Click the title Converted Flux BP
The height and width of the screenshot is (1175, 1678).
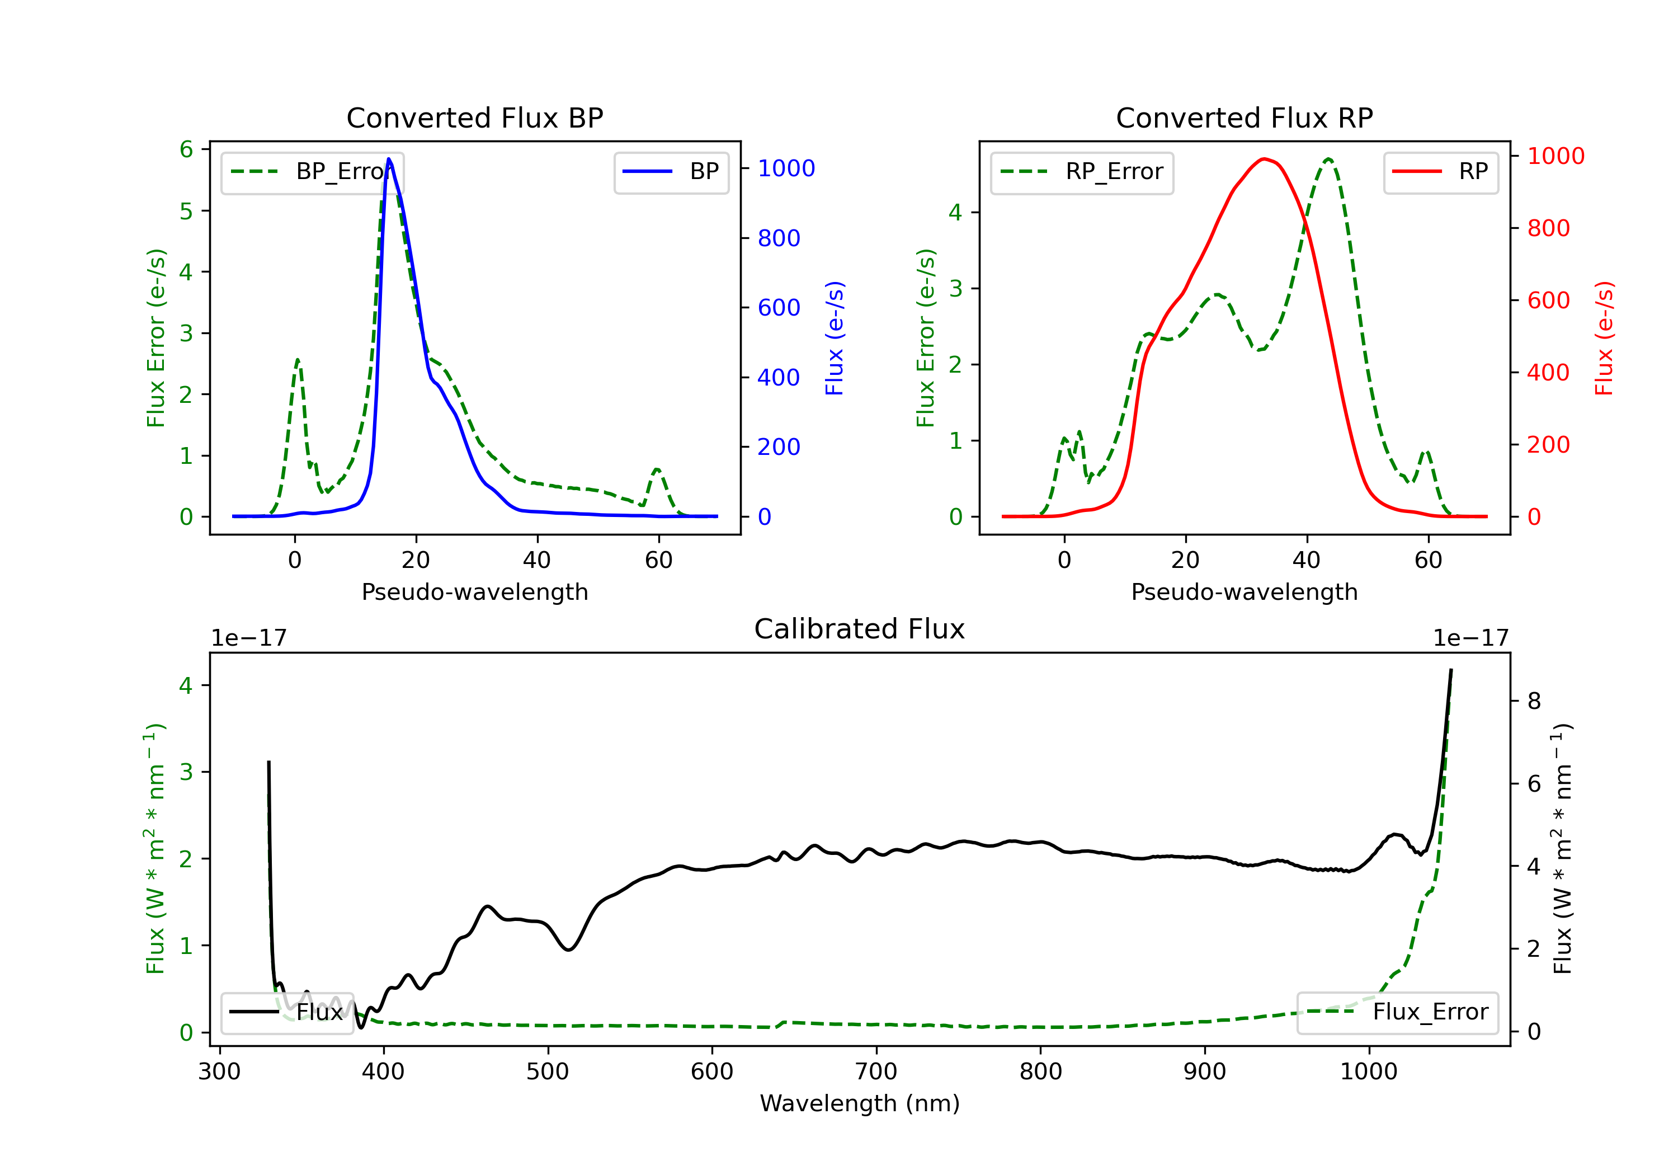pyautogui.click(x=474, y=117)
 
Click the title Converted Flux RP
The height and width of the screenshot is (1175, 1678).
pyautogui.click(x=1244, y=117)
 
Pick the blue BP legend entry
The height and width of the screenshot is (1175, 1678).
pyautogui.click(x=671, y=172)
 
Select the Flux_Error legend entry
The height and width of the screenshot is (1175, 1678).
pyautogui.click(x=1397, y=1012)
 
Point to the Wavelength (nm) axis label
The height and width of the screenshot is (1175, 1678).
pyautogui.click(x=860, y=1103)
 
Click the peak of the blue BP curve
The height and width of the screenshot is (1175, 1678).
pyautogui.click(x=389, y=159)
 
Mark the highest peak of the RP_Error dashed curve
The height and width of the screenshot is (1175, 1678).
pyautogui.click(x=1328, y=159)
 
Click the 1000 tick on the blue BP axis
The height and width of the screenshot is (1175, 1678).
pyautogui.click(x=786, y=168)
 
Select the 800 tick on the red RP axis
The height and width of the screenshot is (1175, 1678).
pyautogui.click(x=1548, y=228)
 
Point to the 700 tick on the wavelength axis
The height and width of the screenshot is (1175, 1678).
pyautogui.click(x=875, y=1071)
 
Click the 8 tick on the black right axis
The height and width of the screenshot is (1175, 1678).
pyautogui.click(x=1534, y=701)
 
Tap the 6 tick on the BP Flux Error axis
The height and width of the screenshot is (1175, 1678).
pyautogui.click(x=186, y=150)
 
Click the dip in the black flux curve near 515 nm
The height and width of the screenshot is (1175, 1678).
pyautogui.click(x=569, y=949)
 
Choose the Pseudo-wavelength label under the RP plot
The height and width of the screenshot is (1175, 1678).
pyautogui.click(x=1244, y=591)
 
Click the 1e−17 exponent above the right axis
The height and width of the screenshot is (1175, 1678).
pyautogui.click(x=1470, y=638)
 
